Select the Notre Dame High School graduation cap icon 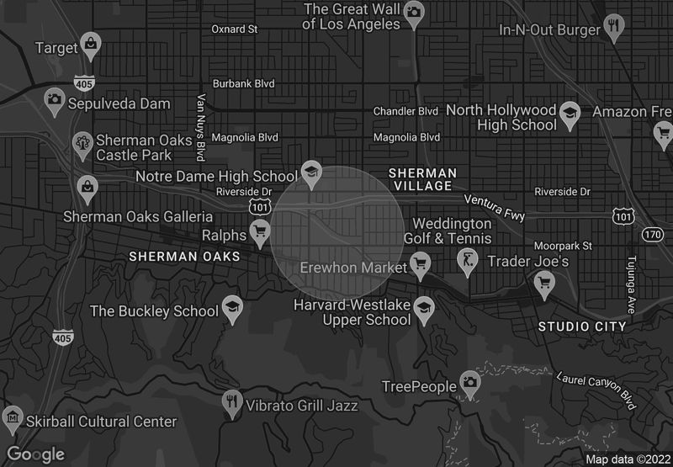click(x=311, y=171)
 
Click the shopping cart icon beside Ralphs click(x=260, y=229)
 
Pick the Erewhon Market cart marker click(x=419, y=265)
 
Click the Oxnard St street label click(x=234, y=29)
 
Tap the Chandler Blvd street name click(x=406, y=111)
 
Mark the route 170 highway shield click(x=652, y=233)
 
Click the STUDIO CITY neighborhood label click(x=582, y=326)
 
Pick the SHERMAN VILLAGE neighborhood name click(x=422, y=180)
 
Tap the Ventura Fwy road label click(x=495, y=208)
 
